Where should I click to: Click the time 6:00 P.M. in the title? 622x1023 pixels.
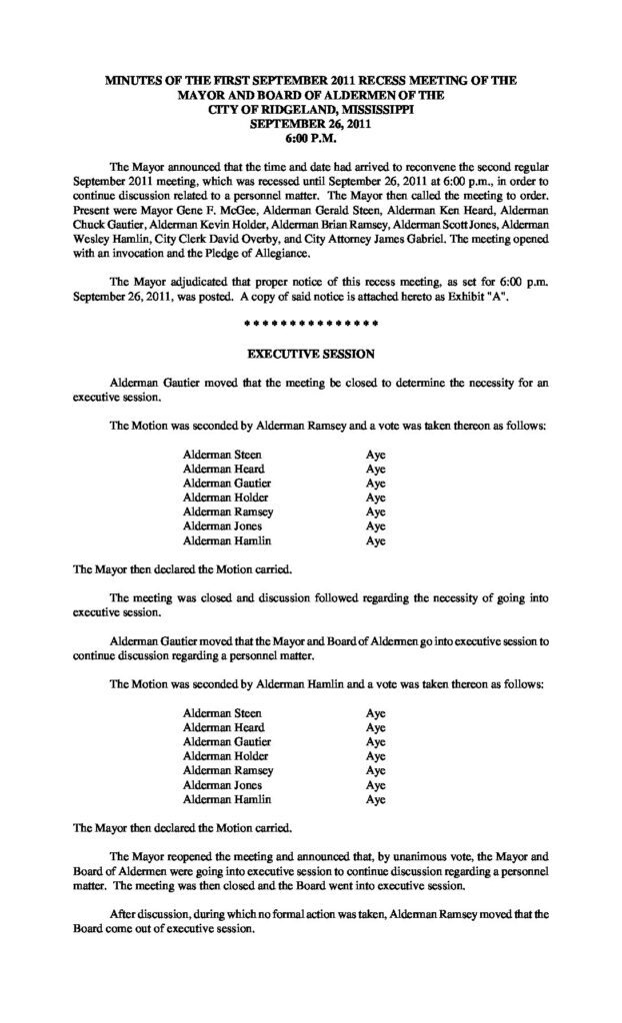[311, 140]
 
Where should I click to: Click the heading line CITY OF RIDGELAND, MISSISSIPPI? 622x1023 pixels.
[311, 110]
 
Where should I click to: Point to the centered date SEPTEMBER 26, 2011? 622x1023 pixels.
[311, 125]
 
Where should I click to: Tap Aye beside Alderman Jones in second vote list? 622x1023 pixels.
[375, 785]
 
